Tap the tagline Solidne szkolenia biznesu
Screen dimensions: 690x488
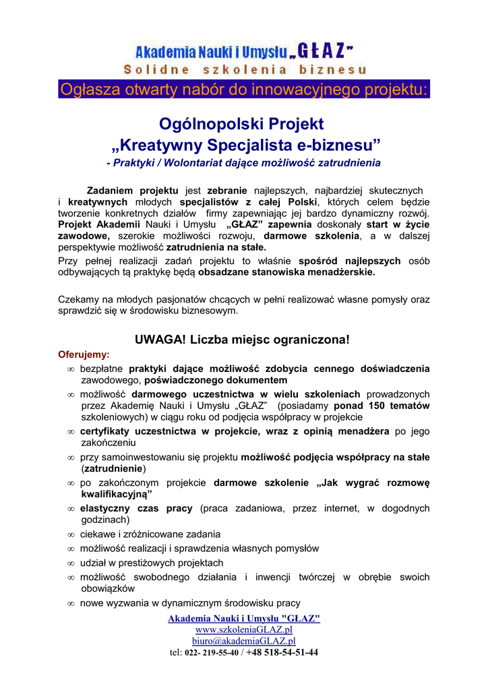pyautogui.click(x=245, y=69)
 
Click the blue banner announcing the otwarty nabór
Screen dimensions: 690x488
pyautogui.click(x=244, y=89)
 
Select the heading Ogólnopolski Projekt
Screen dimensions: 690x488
pyautogui.click(x=241, y=124)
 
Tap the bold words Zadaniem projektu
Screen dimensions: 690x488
pyautogui.click(x=133, y=191)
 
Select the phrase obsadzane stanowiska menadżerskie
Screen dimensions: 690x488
pyautogui.click(x=286, y=273)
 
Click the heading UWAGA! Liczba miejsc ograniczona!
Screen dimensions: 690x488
pyautogui.click(x=243, y=339)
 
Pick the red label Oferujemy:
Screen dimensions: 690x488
pyautogui.click(x=84, y=354)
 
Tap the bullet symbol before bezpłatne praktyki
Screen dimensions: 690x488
pyautogui.click(x=71, y=369)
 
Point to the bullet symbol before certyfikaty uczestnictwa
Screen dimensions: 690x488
pyautogui.click(x=71, y=431)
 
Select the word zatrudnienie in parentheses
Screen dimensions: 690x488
pyautogui.click(x=113, y=468)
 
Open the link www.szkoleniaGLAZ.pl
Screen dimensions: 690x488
pyautogui.click(x=243, y=629)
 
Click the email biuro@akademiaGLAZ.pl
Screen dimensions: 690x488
pyautogui.click(x=243, y=641)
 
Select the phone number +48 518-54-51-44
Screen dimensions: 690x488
pyautogui.click(x=282, y=652)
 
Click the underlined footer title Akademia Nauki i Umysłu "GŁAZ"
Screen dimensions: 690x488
pyautogui.click(x=243, y=619)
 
